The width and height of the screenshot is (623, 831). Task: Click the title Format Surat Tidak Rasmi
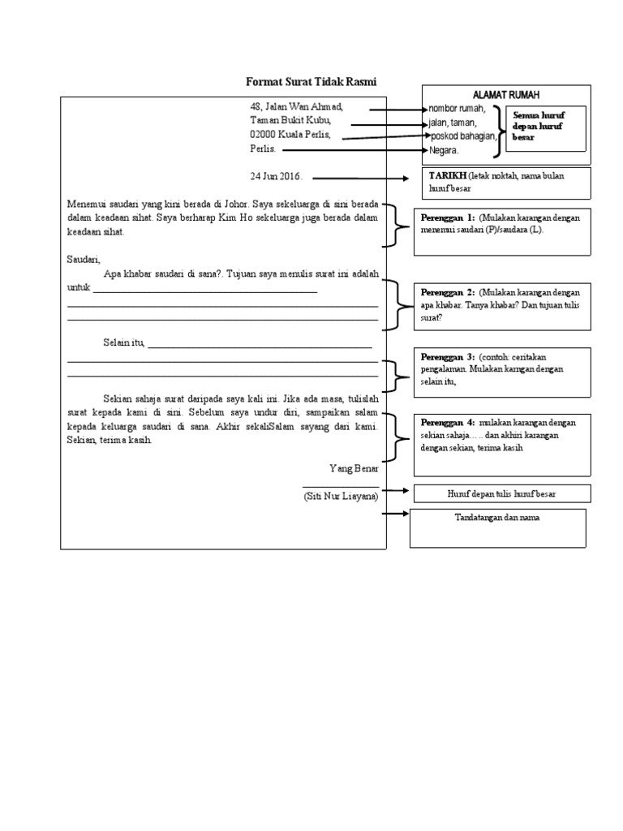tap(312, 82)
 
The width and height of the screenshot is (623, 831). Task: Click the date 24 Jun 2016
tap(276, 176)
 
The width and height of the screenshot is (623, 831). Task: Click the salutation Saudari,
tap(83, 259)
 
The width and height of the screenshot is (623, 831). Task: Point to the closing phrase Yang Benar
tap(354, 469)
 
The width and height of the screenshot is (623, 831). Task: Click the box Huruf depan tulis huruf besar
tap(502, 493)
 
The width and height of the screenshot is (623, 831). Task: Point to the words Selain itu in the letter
tap(123, 342)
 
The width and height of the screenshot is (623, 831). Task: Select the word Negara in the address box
tap(444, 150)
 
